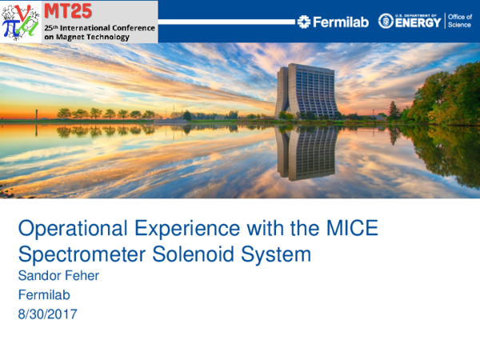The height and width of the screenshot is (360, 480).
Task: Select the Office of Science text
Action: click(459, 21)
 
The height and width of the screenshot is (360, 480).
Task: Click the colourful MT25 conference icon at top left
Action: click(20, 21)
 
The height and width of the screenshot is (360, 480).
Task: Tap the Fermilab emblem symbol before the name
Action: click(303, 22)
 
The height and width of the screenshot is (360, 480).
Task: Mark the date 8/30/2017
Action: click(47, 314)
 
